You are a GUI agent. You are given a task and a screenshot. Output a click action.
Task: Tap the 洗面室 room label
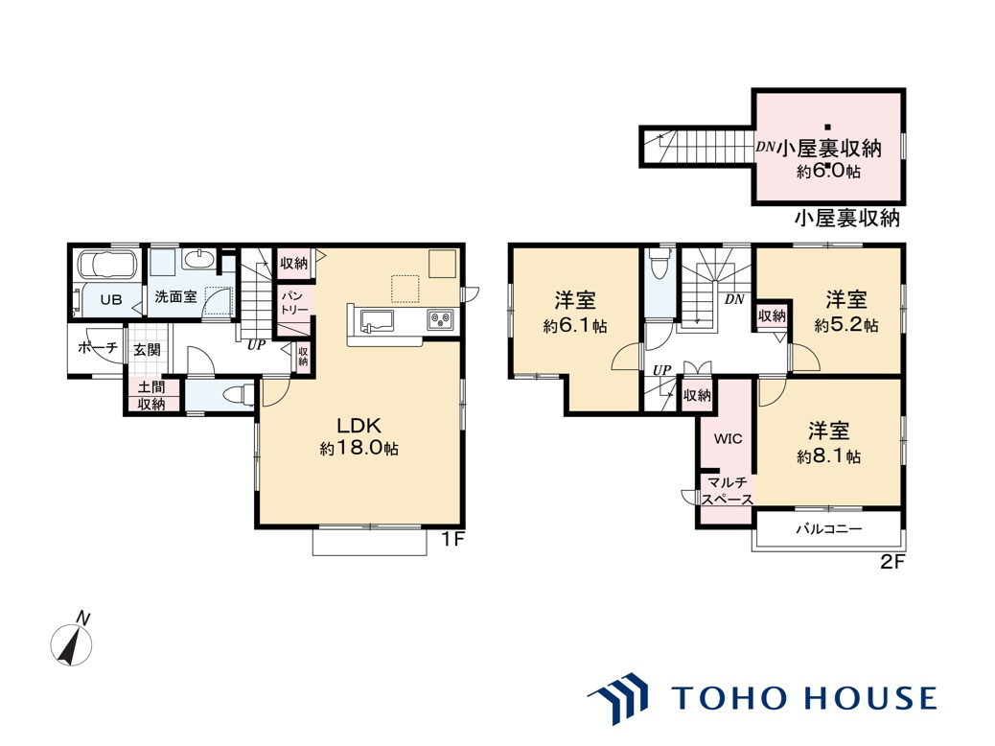175,296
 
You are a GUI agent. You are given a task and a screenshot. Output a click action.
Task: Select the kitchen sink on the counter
377,320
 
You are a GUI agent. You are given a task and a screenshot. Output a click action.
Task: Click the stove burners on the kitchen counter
441,319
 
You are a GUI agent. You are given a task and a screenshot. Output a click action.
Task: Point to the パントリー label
294,303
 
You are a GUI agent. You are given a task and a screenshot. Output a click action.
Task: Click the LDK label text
359,425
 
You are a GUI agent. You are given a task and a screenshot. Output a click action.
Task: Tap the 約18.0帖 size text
359,448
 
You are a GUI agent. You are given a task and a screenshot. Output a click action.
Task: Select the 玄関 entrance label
147,350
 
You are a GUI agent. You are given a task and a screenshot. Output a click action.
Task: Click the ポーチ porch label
98,348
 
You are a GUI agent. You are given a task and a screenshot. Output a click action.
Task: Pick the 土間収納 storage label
151,396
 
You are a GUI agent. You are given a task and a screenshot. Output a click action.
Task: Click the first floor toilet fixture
240,394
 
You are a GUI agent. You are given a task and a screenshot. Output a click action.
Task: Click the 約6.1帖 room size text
575,326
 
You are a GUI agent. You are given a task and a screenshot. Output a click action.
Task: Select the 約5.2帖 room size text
846,326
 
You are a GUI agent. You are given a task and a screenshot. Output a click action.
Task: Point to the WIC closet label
728,439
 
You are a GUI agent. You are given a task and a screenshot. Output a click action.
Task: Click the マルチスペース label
728,491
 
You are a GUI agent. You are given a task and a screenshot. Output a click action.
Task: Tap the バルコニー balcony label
829,529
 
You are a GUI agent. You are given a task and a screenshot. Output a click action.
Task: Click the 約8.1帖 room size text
829,456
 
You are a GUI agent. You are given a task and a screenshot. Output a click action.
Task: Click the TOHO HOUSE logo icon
618,698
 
